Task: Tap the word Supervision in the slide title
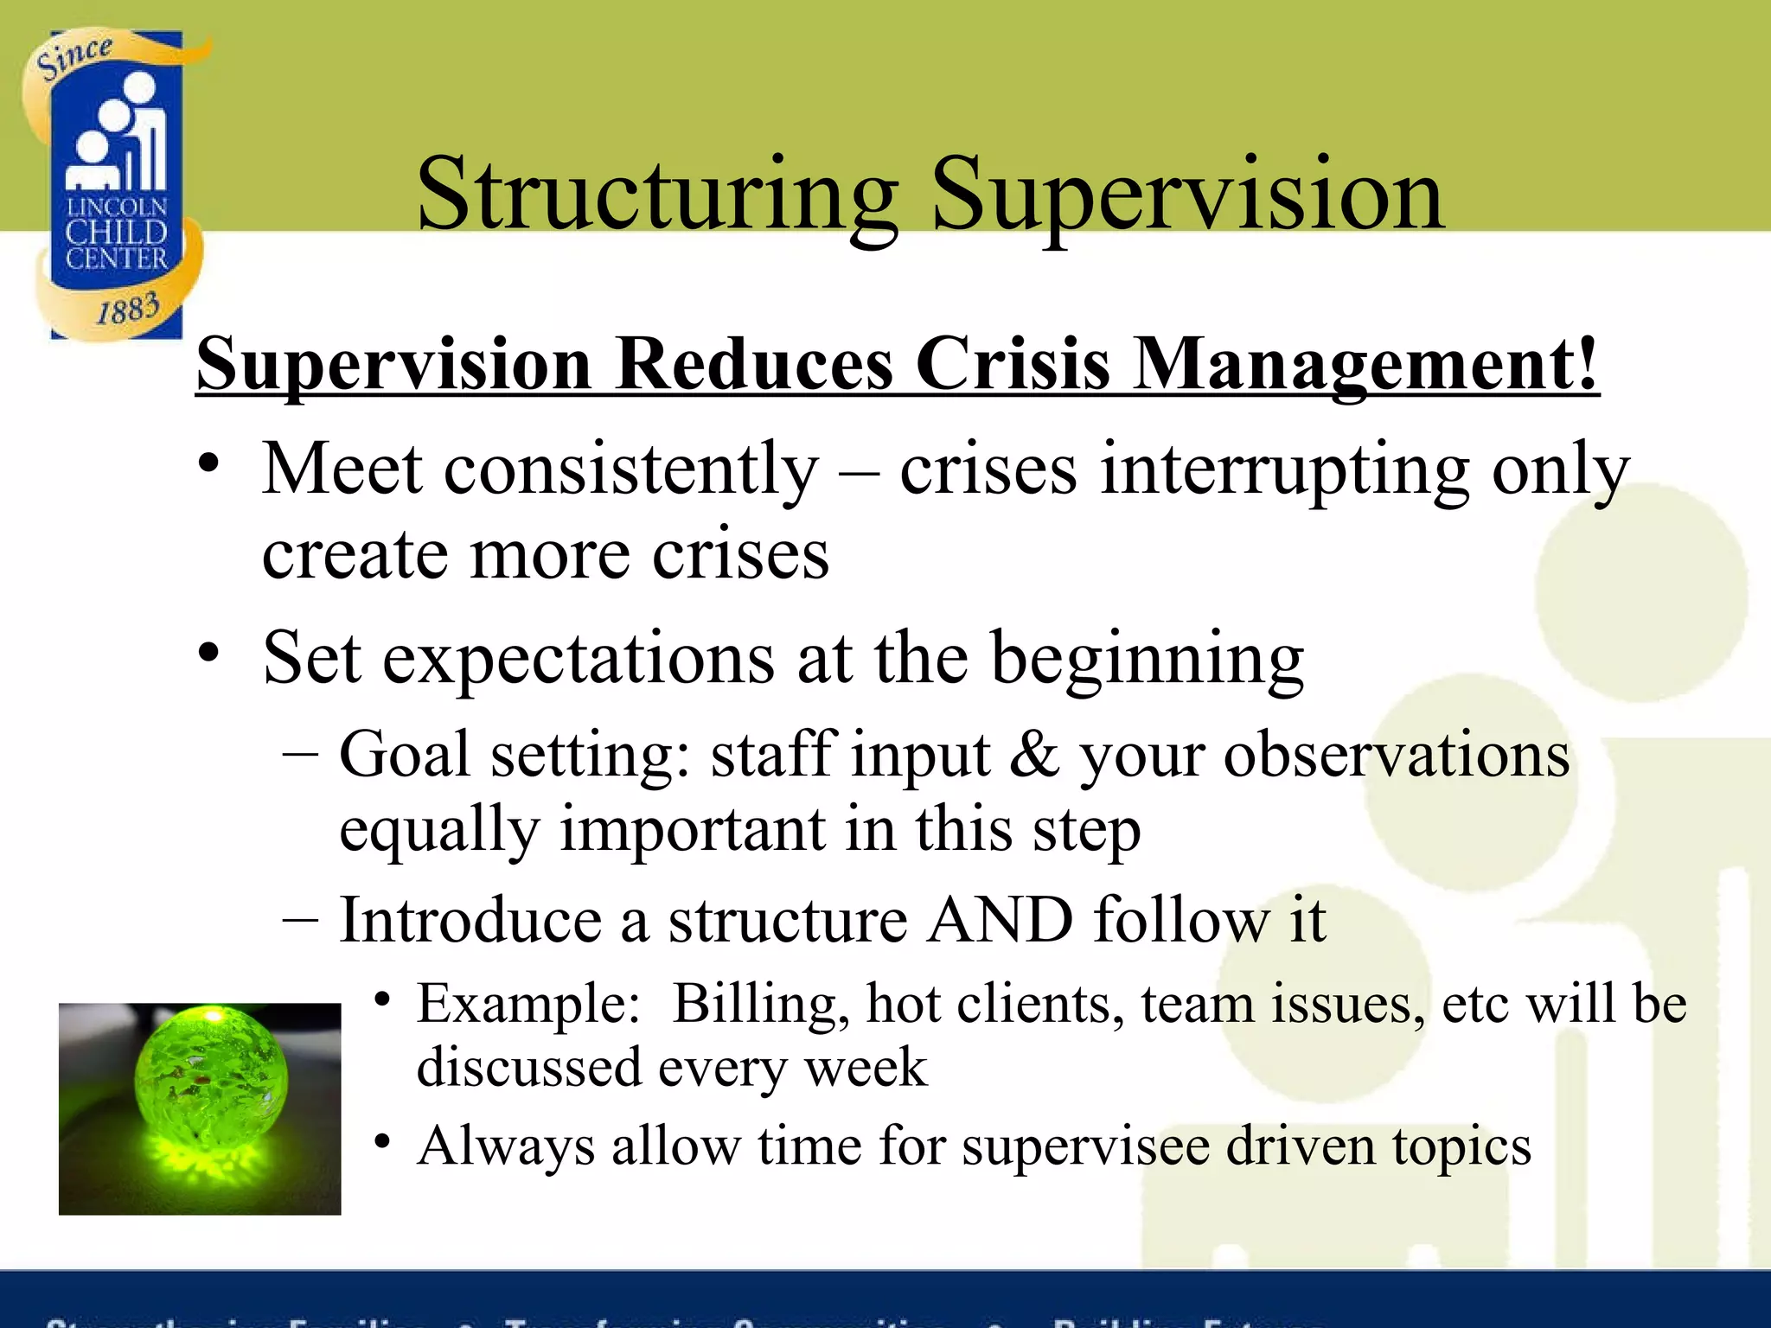click(x=1186, y=195)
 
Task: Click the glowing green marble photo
click(x=200, y=1108)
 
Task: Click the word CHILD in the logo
click(x=116, y=232)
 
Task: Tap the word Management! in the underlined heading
click(x=1365, y=363)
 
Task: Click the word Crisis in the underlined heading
click(x=1013, y=363)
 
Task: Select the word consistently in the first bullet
click(x=631, y=469)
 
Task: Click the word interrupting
click(x=1284, y=469)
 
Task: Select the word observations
click(x=1397, y=754)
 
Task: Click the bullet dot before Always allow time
click(x=382, y=1141)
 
